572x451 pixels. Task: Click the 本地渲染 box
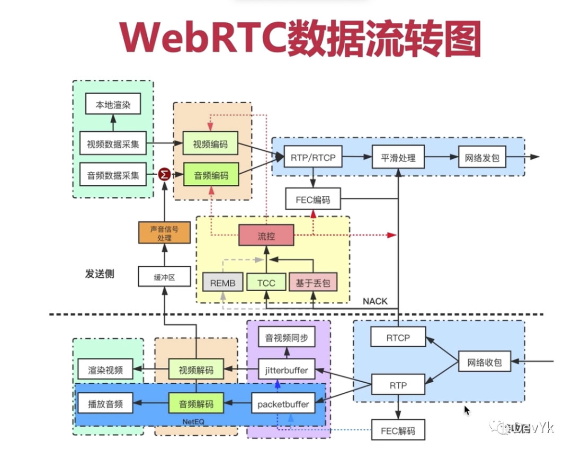pyautogui.click(x=112, y=105)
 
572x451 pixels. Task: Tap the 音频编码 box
pyautogui.click(x=211, y=175)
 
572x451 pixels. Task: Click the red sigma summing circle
pyautogui.click(x=165, y=174)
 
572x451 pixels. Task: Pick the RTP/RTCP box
pyautogui.click(x=313, y=157)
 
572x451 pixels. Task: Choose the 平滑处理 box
pyautogui.click(x=398, y=157)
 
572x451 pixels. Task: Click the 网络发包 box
pyautogui.click(x=482, y=157)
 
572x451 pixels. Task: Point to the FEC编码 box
pyautogui.click(x=312, y=200)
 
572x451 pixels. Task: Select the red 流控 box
pyautogui.click(x=266, y=236)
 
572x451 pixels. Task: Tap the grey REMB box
pyautogui.click(x=222, y=283)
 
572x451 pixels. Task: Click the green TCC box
pyautogui.click(x=266, y=283)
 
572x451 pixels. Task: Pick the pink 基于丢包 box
pyautogui.click(x=312, y=283)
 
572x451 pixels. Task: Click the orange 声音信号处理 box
pyautogui.click(x=164, y=233)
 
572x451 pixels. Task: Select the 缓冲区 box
pyautogui.click(x=164, y=276)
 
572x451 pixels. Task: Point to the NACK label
pyautogui.click(x=375, y=301)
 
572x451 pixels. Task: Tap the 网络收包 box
pyautogui.click(x=484, y=363)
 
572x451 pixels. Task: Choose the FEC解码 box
pyautogui.click(x=398, y=430)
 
